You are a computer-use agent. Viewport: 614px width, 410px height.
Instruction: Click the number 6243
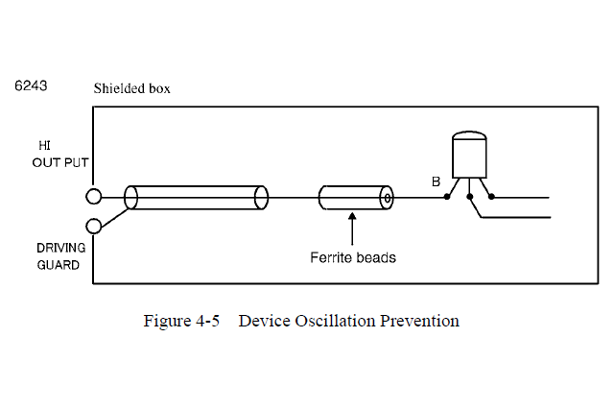[32, 86]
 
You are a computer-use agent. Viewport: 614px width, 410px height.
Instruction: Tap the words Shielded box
[132, 89]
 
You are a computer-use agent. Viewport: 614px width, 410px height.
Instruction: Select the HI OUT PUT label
[53, 154]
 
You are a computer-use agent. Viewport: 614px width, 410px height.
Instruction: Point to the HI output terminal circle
[94, 197]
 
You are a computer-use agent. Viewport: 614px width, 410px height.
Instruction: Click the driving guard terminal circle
[94, 226]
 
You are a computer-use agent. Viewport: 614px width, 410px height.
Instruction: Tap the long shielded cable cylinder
[196, 198]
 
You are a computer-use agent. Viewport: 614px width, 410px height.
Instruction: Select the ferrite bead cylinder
[355, 198]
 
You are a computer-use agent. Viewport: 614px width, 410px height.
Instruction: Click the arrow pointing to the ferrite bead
[353, 230]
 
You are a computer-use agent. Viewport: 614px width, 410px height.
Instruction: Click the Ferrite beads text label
[353, 257]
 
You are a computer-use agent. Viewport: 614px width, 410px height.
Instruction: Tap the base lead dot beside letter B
[447, 198]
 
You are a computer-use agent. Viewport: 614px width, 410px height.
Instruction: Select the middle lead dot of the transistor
[469, 198]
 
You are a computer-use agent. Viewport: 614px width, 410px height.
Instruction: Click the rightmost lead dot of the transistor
[491, 198]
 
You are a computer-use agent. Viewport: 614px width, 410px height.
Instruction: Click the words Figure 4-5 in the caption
[181, 321]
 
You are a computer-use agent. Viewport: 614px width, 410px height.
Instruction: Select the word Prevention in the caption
[420, 321]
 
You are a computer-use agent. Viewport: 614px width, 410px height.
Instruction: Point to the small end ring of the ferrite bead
[388, 198]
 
